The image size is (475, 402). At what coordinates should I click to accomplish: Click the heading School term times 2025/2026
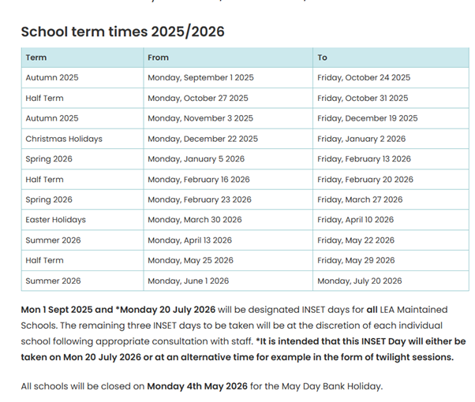pyautogui.click(x=122, y=32)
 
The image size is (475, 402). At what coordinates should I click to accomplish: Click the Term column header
pyautogui.click(x=36, y=58)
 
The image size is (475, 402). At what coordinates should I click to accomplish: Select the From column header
pyautogui.click(x=158, y=58)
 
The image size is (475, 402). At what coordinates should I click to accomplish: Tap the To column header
pyautogui.click(x=322, y=58)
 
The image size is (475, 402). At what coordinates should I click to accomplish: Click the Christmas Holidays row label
pyautogui.click(x=64, y=139)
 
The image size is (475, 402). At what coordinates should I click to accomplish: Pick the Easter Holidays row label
pyautogui.click(x=55, y=220)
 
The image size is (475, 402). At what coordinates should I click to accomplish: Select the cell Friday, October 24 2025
pyautogui.click(x=364, y=78)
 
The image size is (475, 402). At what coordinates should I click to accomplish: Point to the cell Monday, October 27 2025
pyautogui.click(x=197, y=99)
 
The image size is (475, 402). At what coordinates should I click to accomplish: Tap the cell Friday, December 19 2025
pyautogui.click(x=368, y=118)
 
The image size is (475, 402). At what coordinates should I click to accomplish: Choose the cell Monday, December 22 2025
pyautogui.click(x=203, y=139)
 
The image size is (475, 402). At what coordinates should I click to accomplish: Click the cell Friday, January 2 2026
pyautogui.click(x=361, y=139)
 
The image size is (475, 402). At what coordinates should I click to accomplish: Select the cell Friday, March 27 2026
pyautogui.click(x=360, y=199)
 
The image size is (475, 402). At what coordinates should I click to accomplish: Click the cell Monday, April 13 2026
pyautogui.click(x=189, y=240)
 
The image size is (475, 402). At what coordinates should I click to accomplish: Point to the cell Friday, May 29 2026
pyautogui.click(x=356, y=260)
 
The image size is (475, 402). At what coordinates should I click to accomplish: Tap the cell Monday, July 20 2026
pyautogui.click(x=360, y=281)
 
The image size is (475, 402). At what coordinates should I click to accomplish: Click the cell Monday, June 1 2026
pyautogui.click(x=188, y=281)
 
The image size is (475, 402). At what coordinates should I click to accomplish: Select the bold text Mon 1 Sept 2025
pyautogui.click(x=55, y=310)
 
